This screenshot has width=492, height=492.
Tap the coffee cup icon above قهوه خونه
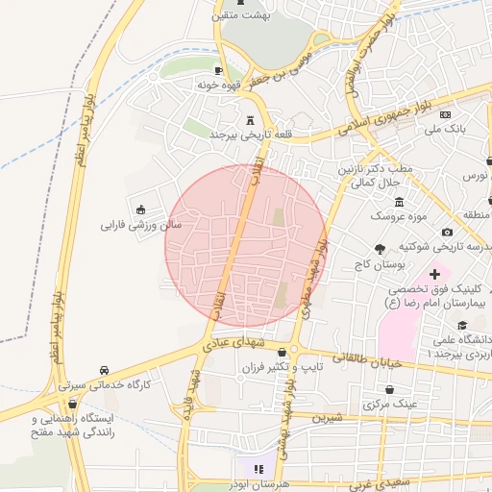219,70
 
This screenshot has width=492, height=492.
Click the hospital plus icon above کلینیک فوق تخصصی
434,275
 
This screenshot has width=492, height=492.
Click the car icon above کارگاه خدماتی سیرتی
104,370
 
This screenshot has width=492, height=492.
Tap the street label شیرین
332,418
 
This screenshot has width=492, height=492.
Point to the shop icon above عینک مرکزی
390,390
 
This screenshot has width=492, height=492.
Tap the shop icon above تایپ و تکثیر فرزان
281,354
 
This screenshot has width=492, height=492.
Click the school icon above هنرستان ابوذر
258,468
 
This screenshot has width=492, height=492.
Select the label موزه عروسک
399,215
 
